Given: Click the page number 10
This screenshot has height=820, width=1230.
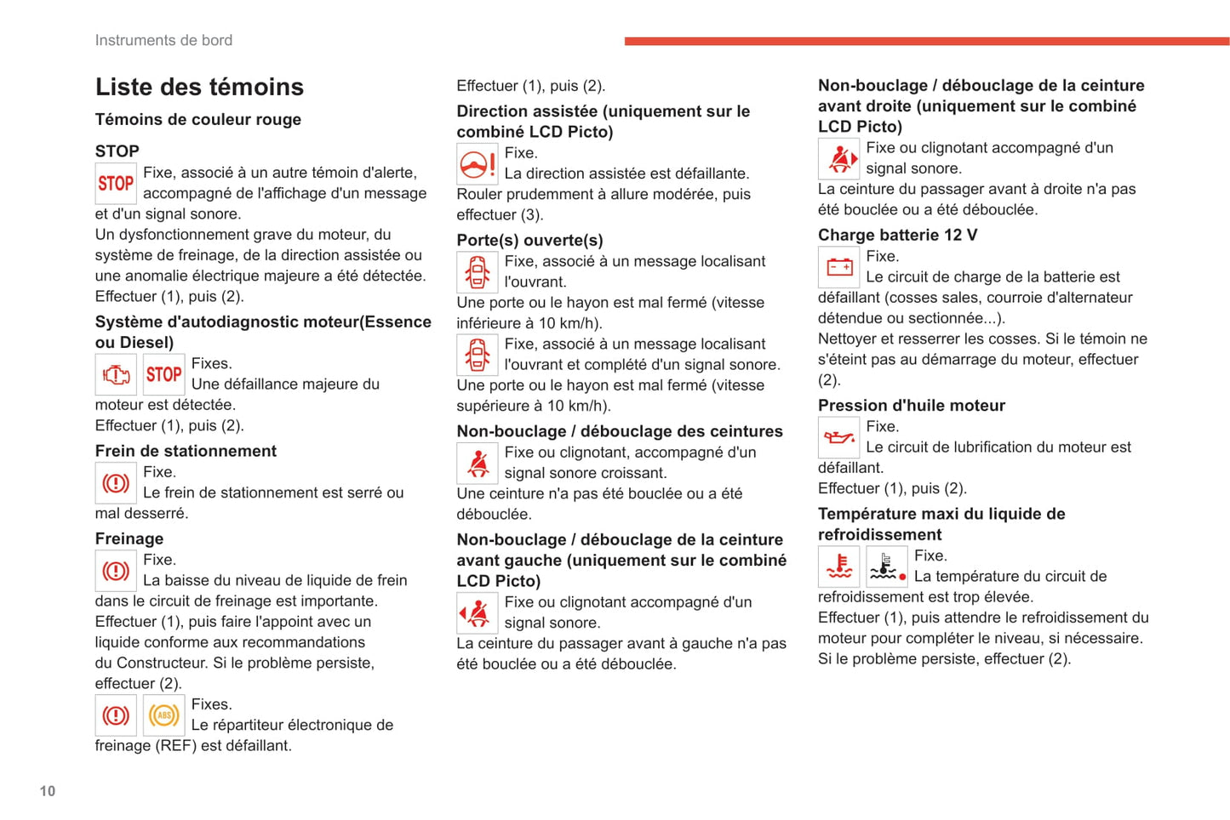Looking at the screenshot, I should coord(48,791).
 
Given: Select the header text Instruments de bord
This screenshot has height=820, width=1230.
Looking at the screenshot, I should coord(163,40).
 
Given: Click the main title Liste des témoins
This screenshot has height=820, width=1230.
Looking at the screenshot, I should coord(199,87).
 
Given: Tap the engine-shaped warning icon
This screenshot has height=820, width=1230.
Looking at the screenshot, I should coord(116,374).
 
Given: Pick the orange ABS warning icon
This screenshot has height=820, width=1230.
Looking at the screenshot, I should coord(164,715).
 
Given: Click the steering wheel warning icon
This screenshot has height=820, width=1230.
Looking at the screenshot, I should coord(478,164).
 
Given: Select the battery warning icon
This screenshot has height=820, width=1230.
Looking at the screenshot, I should coord(839,268).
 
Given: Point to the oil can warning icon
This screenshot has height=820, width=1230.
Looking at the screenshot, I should coord(839,438).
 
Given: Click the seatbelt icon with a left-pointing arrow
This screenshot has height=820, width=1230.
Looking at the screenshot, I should coord(478,613).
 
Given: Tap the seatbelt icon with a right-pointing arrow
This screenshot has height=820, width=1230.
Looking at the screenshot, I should coord(839,159).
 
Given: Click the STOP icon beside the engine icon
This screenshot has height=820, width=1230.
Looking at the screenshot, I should coord(164,374).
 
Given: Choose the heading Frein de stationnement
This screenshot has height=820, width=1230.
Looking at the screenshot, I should coord(186,451).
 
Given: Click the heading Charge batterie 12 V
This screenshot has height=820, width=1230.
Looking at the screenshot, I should coord(897,235).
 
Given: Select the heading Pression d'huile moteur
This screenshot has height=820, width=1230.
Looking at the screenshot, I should coord(911,405).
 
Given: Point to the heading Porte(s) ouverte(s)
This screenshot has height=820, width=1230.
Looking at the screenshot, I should coord(529,240).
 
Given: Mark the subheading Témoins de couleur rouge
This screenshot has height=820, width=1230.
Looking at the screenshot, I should coord(197,119).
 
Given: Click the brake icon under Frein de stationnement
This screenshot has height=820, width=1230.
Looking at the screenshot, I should coord(116,483).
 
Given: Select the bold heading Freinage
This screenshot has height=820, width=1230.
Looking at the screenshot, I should coord(129,538).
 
